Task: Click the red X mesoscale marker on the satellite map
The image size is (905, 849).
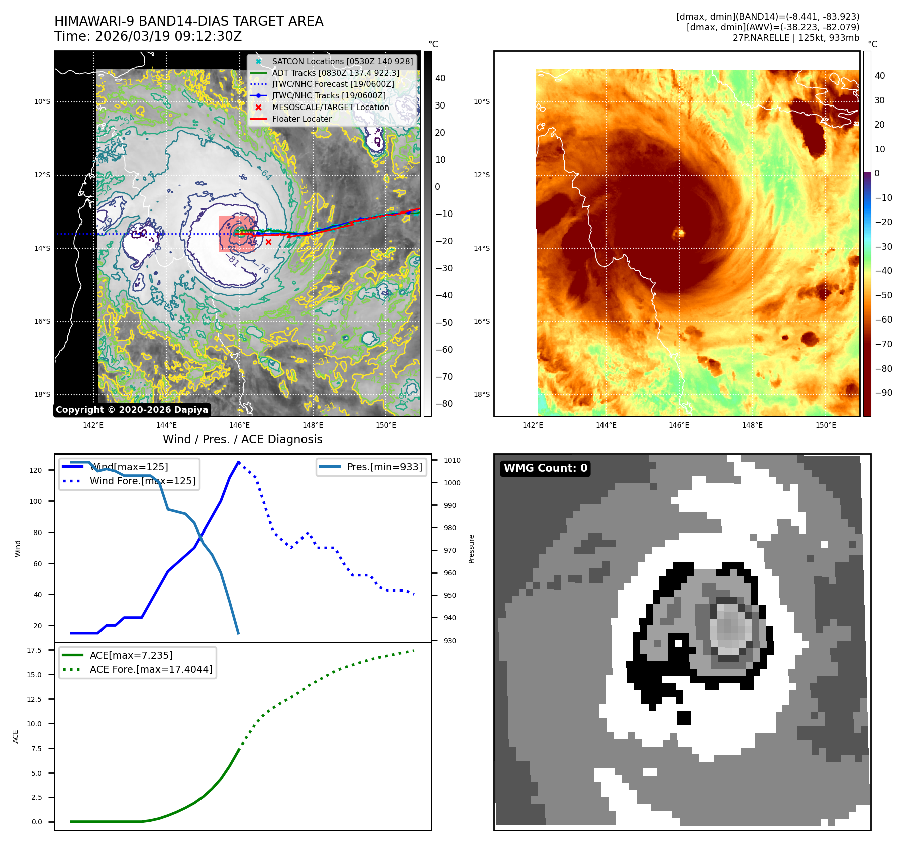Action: (x=269, y=242)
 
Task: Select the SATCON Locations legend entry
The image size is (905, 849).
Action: (x=342, y=61)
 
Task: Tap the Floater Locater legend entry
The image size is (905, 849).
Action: (x=301, y=119)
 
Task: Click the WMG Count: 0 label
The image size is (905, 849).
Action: (x=545, y=468)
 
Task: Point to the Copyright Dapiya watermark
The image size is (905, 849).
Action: (x=132, y=410)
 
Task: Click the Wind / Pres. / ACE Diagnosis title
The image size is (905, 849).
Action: (x=242, y=439)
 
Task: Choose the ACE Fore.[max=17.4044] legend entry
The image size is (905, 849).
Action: (x=151, y=669)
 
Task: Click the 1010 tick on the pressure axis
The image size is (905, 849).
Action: (x=452, y=460)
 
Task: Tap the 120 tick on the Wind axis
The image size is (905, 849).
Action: (x=36, y=470)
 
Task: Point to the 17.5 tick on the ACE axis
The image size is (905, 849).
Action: (x=34, y=650)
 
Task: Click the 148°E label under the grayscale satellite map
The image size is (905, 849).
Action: (x=313, y=426)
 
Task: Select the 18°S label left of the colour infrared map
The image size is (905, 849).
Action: (x=481, y=394)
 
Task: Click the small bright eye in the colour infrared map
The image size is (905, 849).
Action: (x=679, y=233)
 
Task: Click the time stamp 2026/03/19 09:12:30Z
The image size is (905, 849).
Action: (x=168, y=36)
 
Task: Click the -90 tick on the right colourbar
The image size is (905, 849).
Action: (x=883, y=393)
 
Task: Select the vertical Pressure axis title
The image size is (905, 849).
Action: (x=471, y=549)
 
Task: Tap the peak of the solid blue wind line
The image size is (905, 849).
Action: (x=238, y=462)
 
